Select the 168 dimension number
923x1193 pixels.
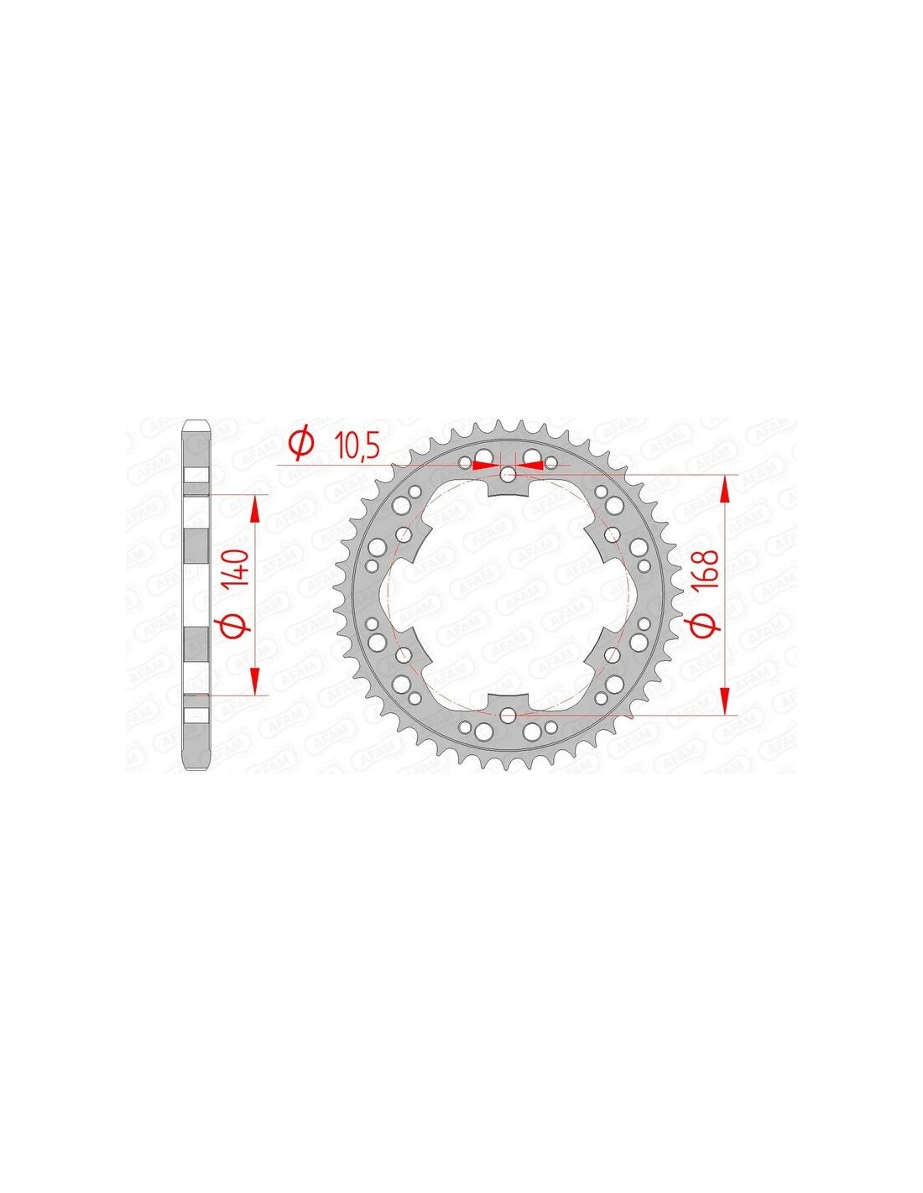[709, 570]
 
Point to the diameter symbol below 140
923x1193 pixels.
[242, 628]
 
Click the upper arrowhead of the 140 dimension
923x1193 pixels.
[255, 508]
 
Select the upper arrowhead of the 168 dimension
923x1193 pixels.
[725, 489]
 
